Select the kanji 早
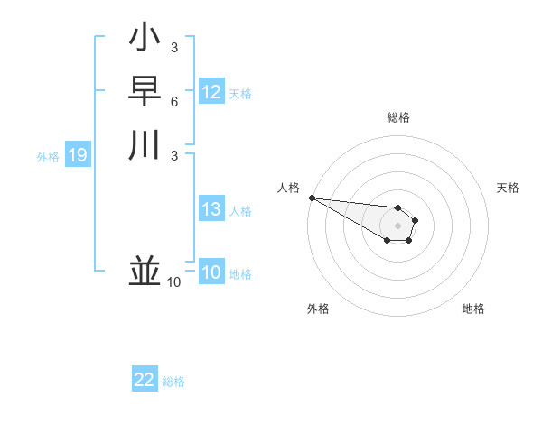(x=145, y=91)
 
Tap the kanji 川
(x=145, y=144)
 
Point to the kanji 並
(x=145, y=271)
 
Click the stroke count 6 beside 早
(x=174, y=101)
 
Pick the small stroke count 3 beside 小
(x=174, y=48)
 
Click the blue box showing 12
(x=211, y=92)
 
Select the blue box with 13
(x=211, y=209)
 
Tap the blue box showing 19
(x=77, y=156)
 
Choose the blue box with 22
(x=144, y=380)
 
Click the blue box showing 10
(x=211, y=272)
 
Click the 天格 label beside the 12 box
(x=240, y=94)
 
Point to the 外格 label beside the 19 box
(x=48, y=157)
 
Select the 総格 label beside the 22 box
(x=173, y=382)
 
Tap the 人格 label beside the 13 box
(x=240, y=211)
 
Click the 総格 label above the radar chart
(x=397, y=117)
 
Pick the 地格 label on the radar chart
(x=473, y=309)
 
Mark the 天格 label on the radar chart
(x=508, y=188)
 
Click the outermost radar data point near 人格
(x=312, y=198)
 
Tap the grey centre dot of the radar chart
(x=397, y=226)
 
